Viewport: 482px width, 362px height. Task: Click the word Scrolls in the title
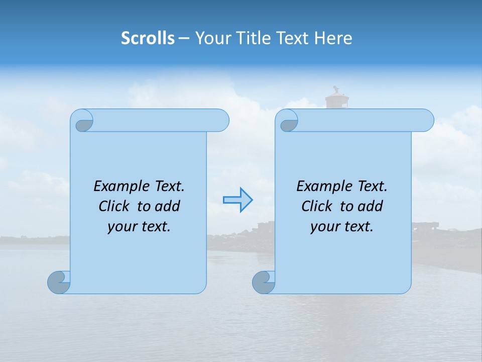pyautogui.click(x=148, y=38)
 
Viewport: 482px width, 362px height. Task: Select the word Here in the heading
pyautogui.click(x=333, y=38)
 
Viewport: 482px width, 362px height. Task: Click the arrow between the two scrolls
pyautogui.click(x=237, y=200)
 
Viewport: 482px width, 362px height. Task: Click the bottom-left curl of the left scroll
pyautogui.click(x=59, y=282)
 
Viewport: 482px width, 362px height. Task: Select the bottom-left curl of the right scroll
pyautogui.click(x=264, y=282)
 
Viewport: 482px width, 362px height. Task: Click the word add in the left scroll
pyautogui.click(x=167, y=206)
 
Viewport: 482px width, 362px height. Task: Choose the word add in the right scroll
pyautogui.click(x=370, y=206)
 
